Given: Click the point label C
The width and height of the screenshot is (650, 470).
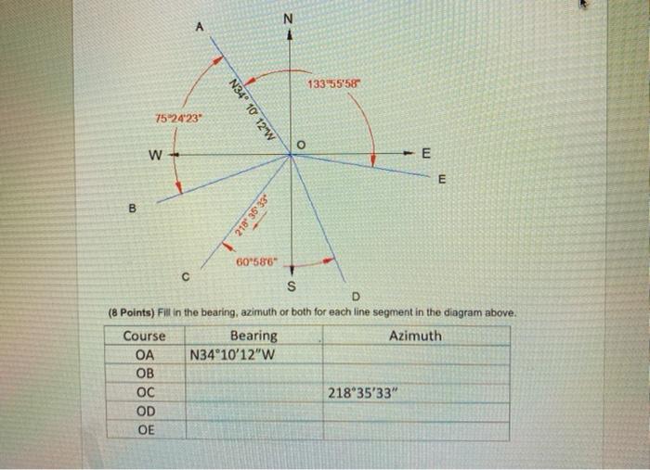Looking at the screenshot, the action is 186,274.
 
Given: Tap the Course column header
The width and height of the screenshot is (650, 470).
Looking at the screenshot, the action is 145,336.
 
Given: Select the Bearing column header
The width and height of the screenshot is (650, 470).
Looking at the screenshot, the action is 253,336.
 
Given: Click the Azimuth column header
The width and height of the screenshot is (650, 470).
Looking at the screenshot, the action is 415,336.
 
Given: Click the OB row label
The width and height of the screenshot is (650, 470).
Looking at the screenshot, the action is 145,374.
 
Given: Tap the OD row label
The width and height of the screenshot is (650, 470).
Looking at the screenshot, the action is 145,412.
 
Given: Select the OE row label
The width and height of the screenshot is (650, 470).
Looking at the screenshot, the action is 145,430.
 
